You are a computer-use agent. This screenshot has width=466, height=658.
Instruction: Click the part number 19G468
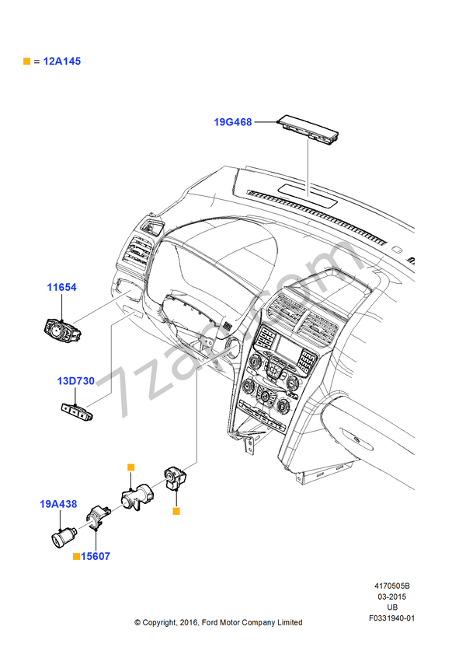[233, 122]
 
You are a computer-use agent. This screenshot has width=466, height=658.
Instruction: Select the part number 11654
[61, 288]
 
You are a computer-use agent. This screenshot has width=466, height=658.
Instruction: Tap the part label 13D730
[75, 381]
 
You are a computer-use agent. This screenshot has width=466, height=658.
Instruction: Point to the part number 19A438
[58, 504]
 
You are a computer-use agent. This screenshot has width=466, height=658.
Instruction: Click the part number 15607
[96, 557]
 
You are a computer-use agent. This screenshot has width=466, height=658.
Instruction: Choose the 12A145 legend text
[62, 61]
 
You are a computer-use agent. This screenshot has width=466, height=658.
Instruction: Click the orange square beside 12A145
[27, 61]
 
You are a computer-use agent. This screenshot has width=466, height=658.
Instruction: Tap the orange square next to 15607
[76, 557]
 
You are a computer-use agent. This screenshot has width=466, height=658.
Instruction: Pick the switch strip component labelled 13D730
[78, 409]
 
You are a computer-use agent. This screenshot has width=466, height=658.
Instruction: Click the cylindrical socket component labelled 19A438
[62, 537]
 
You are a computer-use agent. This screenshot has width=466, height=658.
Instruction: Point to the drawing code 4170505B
[392, 586]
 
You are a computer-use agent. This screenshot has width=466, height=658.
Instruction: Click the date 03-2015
[392, 597]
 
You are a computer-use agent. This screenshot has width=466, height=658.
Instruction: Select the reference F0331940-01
[392, 618]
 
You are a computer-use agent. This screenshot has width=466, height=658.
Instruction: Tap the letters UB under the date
[392, 607]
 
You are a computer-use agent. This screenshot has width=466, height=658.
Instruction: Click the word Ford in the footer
[211, 622]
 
